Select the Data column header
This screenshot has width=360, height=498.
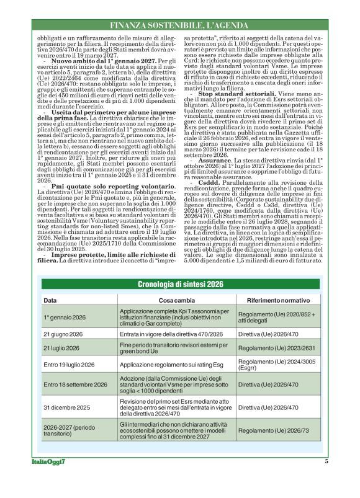pos(50,300)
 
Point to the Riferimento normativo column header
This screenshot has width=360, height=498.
pos(278,300)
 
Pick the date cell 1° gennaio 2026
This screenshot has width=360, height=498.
pos(65,317)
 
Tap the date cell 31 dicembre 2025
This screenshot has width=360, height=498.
pos(65,407)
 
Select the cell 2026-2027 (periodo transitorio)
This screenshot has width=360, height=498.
pos(69,430)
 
